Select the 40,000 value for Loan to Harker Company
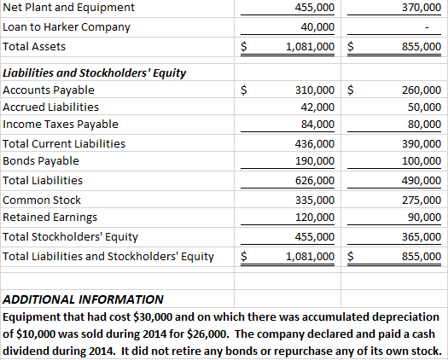pos(317,27)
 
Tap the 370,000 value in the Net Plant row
pos(421,8)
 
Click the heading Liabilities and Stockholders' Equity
pos(95,72)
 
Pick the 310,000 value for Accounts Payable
pos(314,90)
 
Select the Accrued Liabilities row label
pos(51,107)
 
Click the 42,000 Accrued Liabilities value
pos(317,107)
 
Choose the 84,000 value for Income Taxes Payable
pos(317,125)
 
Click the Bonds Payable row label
pos(41,161)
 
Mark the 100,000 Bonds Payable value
pos(421,161)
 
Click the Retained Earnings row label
pos(47,218)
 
